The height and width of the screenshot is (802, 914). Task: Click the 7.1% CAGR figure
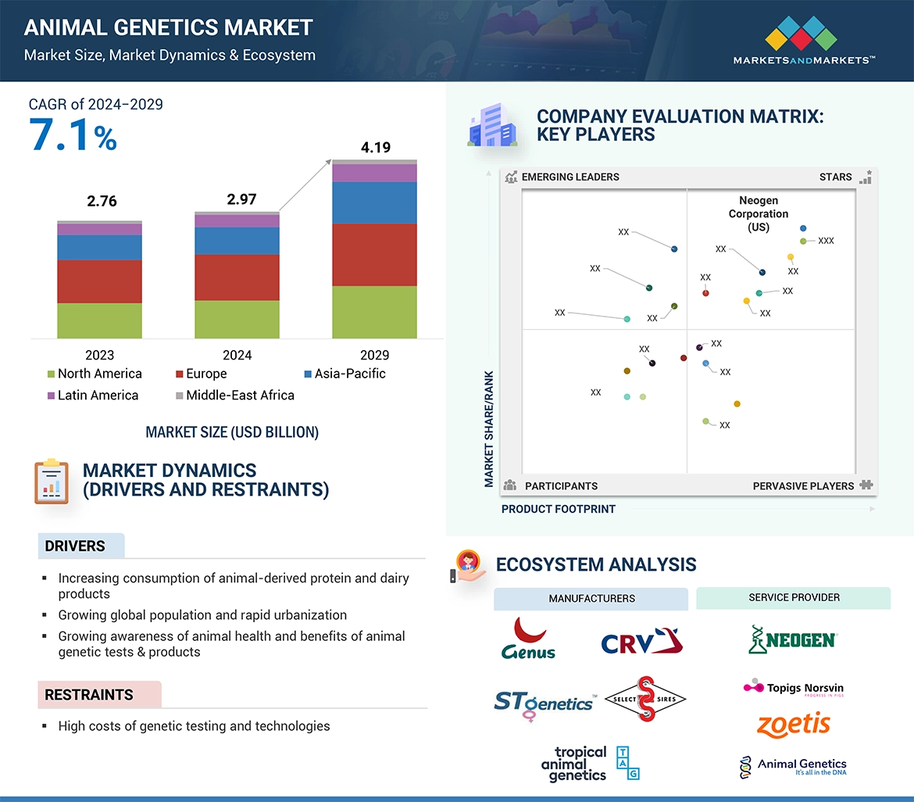pyautogui.click(x=73, y=134)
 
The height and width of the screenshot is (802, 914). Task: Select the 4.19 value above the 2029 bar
pyautogui.click(x=375, y=148)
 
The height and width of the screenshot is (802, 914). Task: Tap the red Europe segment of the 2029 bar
pyautogui.click(x=374, y=255)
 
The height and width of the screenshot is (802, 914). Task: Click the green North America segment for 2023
pyautogui.click(x=99, y=320)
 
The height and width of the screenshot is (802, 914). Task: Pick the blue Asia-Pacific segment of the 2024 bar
pyautogui.click(x=237, y=240)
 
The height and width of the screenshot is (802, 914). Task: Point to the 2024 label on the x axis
pyautogui.click(x=237, y=355)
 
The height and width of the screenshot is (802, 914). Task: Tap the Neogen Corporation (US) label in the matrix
pyautogui.click(x=759, y=214)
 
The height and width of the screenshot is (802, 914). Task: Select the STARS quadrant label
pyautogui.click(x=836, y=177)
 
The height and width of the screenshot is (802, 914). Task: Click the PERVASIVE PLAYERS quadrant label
pyautogui.click(x=804, y=486)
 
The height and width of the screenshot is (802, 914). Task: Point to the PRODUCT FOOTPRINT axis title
pyautogui.click(x=559, y=509)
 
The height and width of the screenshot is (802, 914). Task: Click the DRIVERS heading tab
pyautogui.click(x=75, y=546)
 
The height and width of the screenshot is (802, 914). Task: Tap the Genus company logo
pyautogui.click(x=529, y=639)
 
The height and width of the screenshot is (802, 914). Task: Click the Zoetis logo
pyautogui.click(x=793, y=724)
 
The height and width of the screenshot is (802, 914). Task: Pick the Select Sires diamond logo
pyautogui.click(x=644, y=699)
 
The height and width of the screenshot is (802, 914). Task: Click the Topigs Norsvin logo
pyautogui.click(x=793, y=688)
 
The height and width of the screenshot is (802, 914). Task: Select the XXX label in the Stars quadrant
pyautogui.click(x=826, y=241)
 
